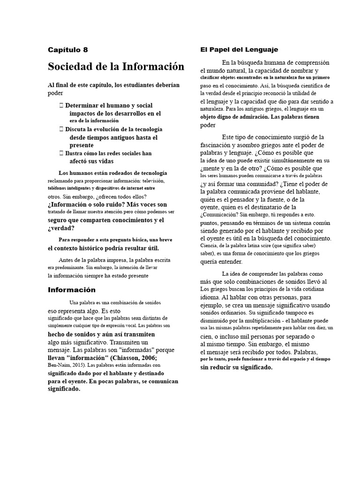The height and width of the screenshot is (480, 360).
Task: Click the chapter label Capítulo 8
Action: click(67, 50)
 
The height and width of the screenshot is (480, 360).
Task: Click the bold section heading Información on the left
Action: click(71, 290)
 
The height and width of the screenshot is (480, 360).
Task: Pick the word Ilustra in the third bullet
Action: click(76, 153)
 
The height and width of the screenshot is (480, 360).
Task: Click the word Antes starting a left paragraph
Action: click(67, 260)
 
